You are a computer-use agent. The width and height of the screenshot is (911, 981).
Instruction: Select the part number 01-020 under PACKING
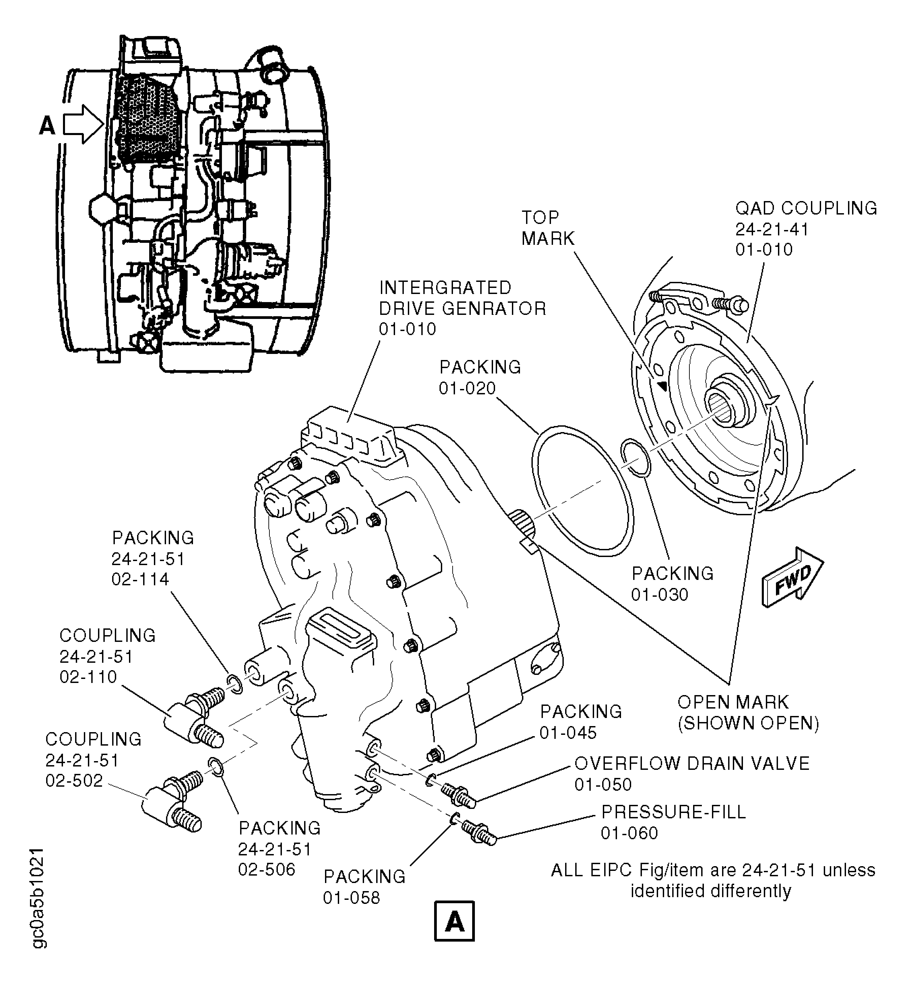pos(467,388)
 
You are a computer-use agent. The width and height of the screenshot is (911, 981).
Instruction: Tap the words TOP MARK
pos(547,228)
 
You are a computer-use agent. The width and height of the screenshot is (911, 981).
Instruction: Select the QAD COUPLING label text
pos(806,208)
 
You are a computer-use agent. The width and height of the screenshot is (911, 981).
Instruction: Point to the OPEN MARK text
pos(733,702)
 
